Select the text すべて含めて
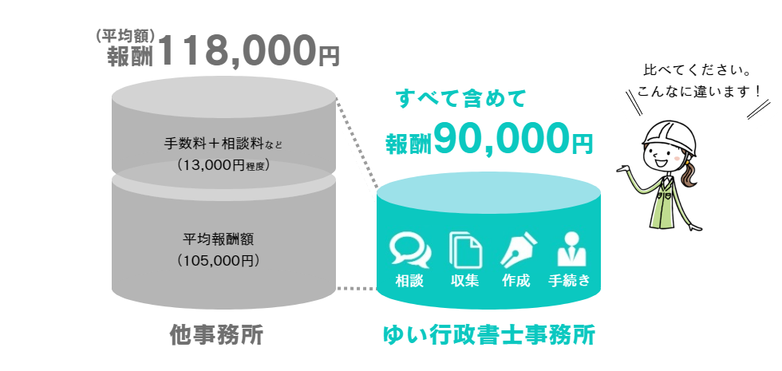(461, 100)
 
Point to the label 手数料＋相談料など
(223, 144)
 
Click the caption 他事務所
(217, 334)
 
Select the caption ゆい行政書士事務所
(488, 334)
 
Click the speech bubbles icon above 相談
(409, 250)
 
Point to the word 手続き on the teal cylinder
(570, 280)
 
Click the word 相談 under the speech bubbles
(409, 280)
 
